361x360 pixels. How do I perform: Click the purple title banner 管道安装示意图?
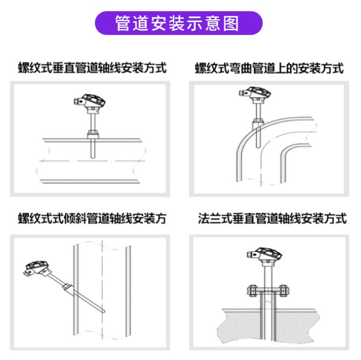tap(179, 23)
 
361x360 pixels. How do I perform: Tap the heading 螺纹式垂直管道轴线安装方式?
tap(92, 68)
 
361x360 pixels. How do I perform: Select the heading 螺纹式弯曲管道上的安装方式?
tap(269, 68)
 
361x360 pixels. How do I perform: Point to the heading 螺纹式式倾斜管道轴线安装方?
tap(92, 218)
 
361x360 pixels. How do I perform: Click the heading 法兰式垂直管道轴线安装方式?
tap(272, 218)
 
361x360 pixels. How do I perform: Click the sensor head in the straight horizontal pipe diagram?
tap(90, 102)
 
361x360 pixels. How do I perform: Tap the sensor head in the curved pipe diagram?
tap(255, 94)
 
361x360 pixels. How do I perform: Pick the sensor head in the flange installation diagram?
tap(265, 255)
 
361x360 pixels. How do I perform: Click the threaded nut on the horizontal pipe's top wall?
tap(93, 134)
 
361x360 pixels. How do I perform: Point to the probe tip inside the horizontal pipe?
tap(93, 157)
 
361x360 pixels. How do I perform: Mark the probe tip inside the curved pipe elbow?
tap(258, 146)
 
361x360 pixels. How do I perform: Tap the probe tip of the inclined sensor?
tap(103, 311)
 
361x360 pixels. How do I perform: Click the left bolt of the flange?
tap(252, 291)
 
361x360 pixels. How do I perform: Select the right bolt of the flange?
tap(284, 291)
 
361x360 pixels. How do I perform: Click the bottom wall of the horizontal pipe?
tap(90, 181)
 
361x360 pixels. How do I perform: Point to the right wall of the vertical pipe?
tap(128, 291)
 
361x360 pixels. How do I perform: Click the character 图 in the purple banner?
tap(231, 23)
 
